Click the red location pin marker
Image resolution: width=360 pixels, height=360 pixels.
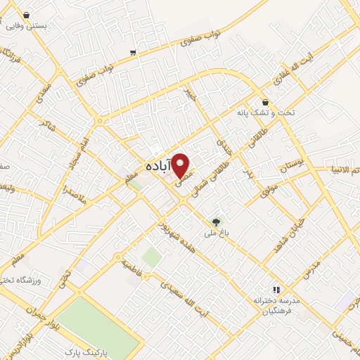[182, 165]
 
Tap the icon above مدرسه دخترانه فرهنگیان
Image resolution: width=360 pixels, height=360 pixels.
[276, 289]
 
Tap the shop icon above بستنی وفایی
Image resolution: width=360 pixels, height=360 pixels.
[26, 13]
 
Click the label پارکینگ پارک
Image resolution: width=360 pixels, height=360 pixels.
[84, 350]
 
